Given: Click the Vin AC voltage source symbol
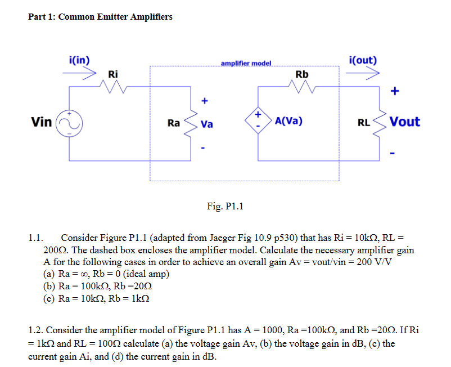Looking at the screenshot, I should point(69,122).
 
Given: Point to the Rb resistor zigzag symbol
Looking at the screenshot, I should point(301,87).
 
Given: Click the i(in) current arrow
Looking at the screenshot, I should point(80,74).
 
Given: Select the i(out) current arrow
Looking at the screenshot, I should point(366,74).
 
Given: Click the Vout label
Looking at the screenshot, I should point(405,122).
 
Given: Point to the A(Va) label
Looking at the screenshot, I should point(289,121).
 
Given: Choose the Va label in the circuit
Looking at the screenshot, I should point(207,124).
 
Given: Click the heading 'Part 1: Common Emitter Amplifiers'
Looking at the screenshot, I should point(100,16).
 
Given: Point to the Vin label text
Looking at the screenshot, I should point(42,122).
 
